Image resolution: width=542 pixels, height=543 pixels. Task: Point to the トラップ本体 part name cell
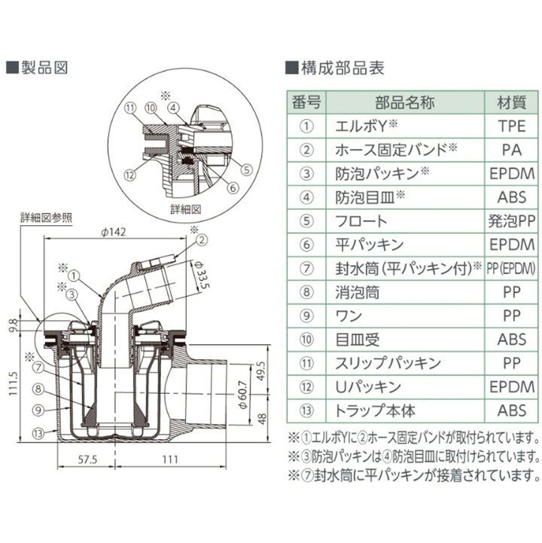coord(374,411)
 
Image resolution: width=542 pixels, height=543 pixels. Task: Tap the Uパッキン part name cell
coord(366,387)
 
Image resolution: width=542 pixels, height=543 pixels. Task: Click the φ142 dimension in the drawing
coord(114,231)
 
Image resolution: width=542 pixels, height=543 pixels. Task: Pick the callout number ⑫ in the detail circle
coord(129,175)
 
